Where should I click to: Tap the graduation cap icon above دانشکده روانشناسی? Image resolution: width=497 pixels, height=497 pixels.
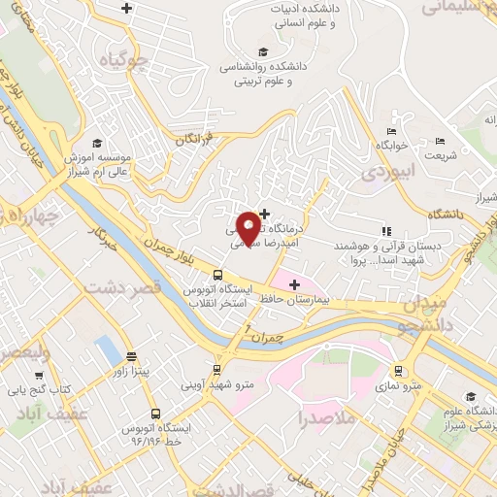pos(263,52)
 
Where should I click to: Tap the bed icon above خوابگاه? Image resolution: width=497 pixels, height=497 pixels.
pos(391,132)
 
